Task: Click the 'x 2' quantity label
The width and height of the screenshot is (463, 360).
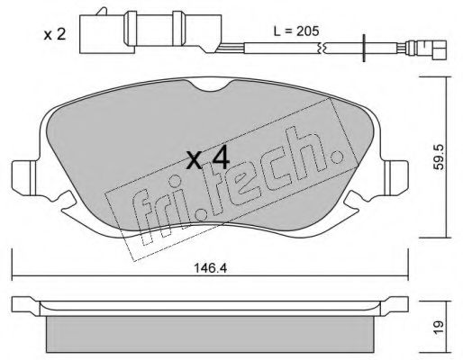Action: click(x=54, y=35)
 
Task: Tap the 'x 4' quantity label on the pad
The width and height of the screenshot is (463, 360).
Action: click(x=208, y=159)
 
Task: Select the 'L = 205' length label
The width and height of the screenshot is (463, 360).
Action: click(x=296, y=31)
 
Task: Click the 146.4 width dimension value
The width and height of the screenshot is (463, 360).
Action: click(x=210, y=268)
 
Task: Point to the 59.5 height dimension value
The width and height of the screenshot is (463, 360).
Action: click(x=440, y=157)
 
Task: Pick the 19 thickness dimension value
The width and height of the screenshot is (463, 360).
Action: click(x=439, y=327)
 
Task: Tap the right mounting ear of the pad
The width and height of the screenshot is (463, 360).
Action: click(x=395, y=177)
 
